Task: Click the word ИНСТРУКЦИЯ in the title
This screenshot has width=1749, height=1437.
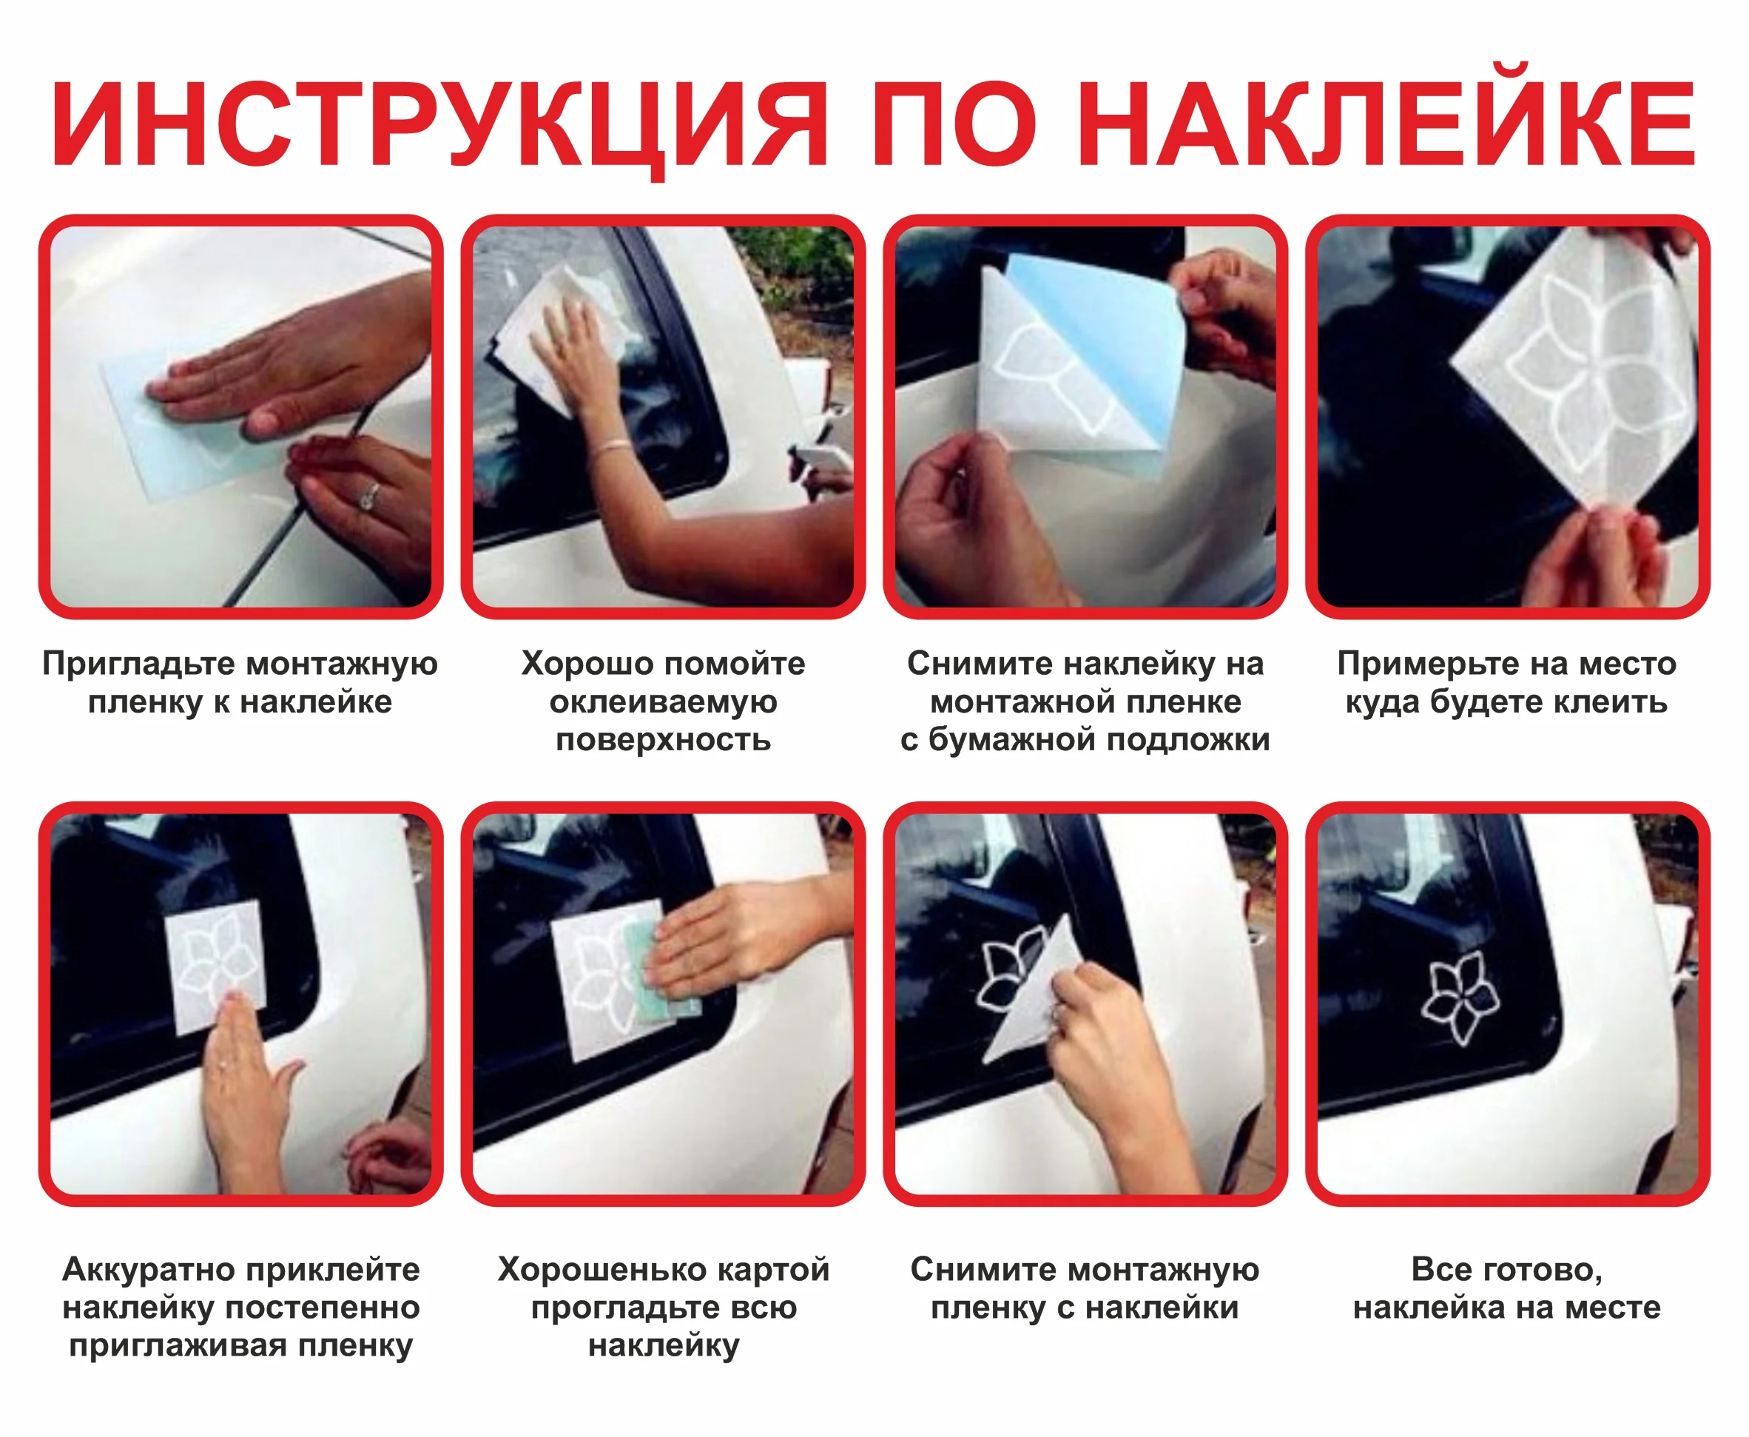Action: click(x=439, y=126)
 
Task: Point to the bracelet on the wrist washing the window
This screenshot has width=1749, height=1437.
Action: click(x=613, y=447)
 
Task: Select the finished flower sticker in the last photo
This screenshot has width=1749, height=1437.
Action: click(x=1460, y=997)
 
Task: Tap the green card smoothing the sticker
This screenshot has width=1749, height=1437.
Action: click(x=662, y=971)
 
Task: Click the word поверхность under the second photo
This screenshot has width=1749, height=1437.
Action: click(x=663, y=740)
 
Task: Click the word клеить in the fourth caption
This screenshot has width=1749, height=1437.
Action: click(x=1611, y=703)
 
